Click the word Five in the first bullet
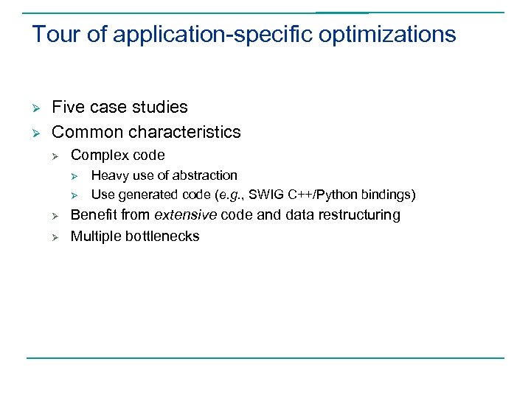(x=69, y=107)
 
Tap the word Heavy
(x=109, y=175)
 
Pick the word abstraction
(x=205, y=175)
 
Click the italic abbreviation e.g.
(x=232, y=195)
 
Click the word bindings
(x=388, y=195)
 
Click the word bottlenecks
(x=163, y=236)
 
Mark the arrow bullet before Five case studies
(x=35, y=108)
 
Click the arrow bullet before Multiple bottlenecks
(x=54, y=237)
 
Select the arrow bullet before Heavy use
(x=74, y=176)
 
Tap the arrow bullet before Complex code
(x=54, y=156)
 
